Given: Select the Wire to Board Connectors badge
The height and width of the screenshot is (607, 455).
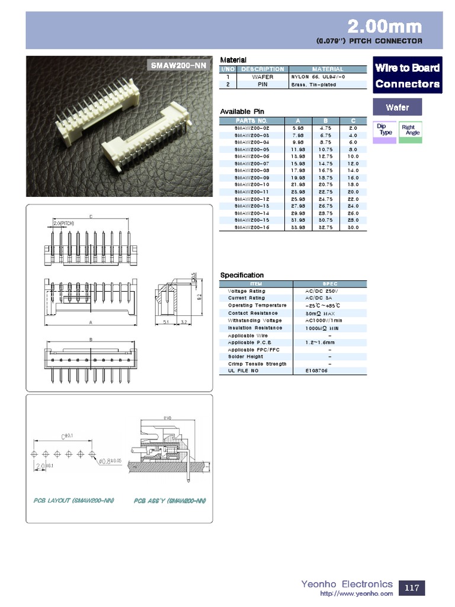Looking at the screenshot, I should point(407,75).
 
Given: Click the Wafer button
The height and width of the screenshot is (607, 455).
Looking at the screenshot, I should point(397,107).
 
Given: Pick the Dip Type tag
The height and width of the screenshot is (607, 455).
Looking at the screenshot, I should point(385,129).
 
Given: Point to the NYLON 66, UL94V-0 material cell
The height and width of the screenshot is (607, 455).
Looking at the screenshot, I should point(318,77).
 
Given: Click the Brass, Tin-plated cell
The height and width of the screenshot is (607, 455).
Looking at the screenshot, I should point(313,85).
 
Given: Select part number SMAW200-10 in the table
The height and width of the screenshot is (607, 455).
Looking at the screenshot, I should point(252,184).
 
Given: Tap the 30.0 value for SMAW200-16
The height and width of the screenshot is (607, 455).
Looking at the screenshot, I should point(353,227).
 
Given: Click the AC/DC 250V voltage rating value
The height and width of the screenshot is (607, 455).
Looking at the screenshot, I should point(322,291).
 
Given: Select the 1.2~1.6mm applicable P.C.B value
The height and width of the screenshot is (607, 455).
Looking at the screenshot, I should point(320,342).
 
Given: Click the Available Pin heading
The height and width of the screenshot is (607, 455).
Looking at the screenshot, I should point(242,111).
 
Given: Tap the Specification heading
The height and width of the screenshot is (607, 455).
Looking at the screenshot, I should point(242,275).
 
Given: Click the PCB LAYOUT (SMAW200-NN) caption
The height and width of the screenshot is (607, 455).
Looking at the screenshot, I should point(73,500).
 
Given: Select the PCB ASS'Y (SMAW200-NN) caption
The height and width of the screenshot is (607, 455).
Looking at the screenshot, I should point(169,500).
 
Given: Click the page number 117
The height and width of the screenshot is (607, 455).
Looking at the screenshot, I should point(412,588).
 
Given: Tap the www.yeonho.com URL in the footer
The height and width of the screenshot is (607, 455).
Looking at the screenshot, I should point(356,593).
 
